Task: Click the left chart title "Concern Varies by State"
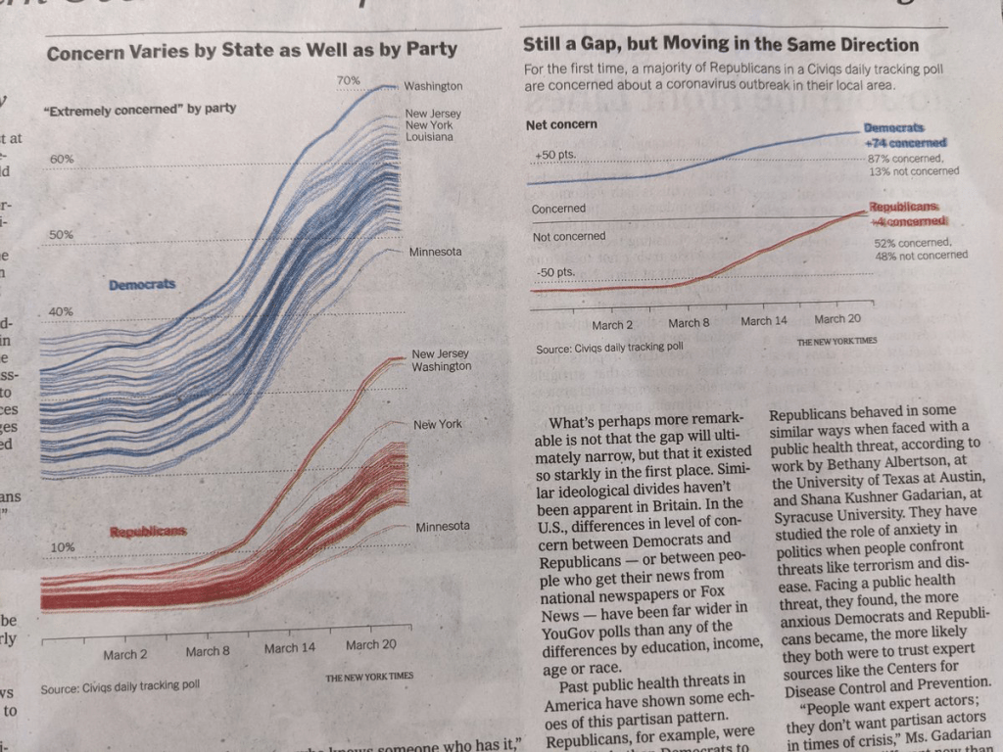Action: pos(252,51)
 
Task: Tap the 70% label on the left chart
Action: pos(348,79)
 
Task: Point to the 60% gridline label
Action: pos(62,159)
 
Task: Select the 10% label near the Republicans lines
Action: pos(62,546)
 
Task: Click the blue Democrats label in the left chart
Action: pos(142,284)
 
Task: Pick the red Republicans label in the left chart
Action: pos(148,532)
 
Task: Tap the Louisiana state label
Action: pos(429,137)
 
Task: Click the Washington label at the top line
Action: pos(433,86)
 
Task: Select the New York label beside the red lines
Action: pos(438,424)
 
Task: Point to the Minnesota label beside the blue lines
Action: pos(435,252)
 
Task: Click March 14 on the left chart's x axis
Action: pos(289,647)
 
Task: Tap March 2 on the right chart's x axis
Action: pos(612,324)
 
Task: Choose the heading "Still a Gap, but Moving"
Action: pos(720,44)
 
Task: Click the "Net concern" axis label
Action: pos(561,125)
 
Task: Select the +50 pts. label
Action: pos(555,157)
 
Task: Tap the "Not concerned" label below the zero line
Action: pos(568,236)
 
